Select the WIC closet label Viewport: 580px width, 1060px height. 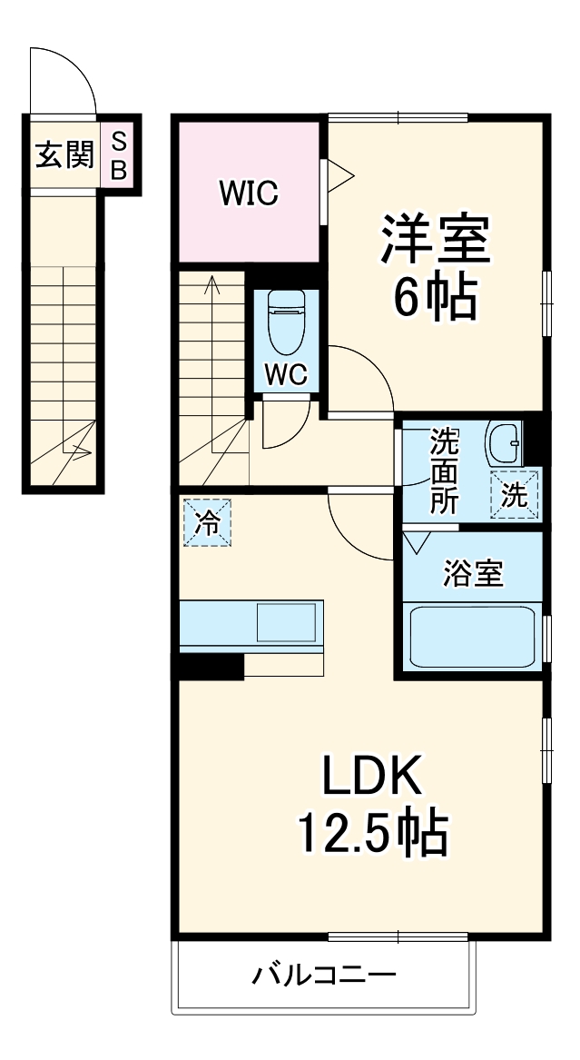click(x=248, y=193)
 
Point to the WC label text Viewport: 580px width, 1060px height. click(x=286, y=374)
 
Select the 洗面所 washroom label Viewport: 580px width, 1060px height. click(x=444, y=471)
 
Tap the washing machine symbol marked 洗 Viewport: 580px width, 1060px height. click(x=515, y=496)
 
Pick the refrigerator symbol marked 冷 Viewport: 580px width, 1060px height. click(x=207, y=523)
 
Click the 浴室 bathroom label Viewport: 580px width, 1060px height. click(x=472, y=573)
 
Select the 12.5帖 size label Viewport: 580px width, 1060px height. click(x=372, y=833)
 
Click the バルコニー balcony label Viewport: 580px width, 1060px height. click(x=324, y=976)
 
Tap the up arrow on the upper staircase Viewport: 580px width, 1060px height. click(x=213, y=287)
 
